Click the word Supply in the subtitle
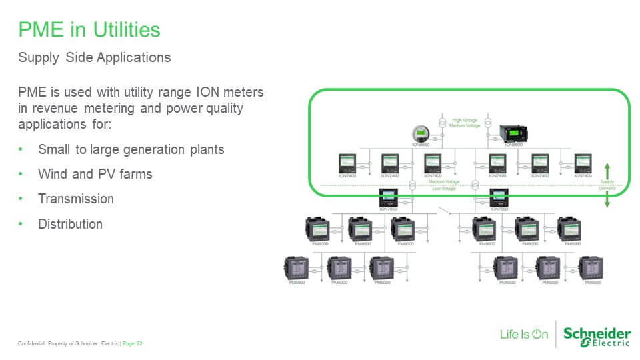pyautogui.click(x=39, y=58)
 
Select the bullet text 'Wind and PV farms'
pyautogui.click(x=95, y=174)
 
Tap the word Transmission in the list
pyautogui.click(x=75, y=199)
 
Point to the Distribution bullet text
pyautogui.click(x=70, y=224)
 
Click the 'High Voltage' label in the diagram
pyautogui.click(x=466, y=120)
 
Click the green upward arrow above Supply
pyautogui.click(x=607, y=169)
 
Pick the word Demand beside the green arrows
pyautogui.click(x=607, y=189)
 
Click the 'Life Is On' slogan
pyautogui.click(x=524, y=334)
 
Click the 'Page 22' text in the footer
pyautogui.click(x=133, y=343)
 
